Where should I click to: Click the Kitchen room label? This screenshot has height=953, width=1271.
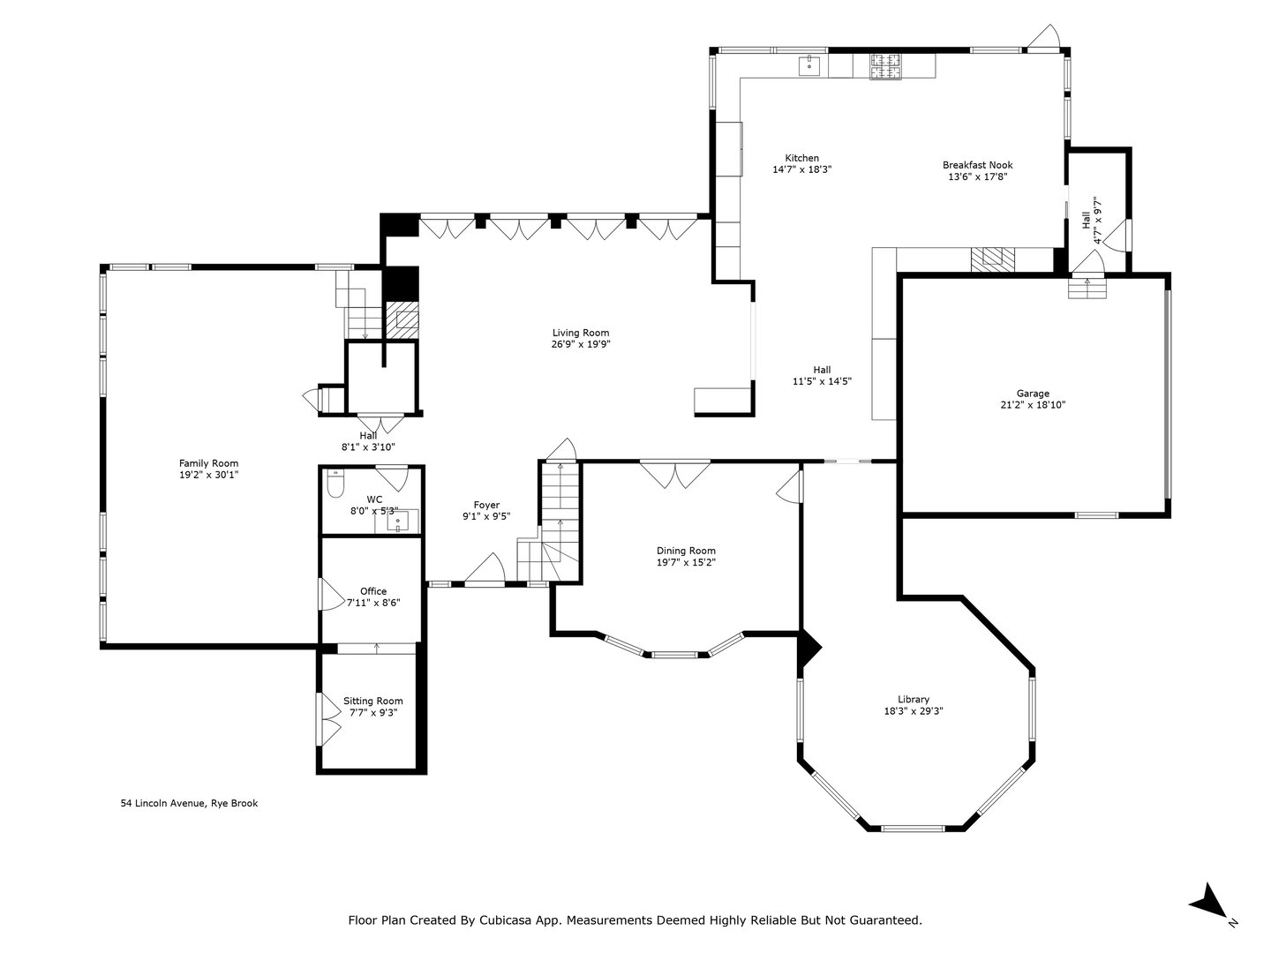pyautogui.click(x=801, y=158)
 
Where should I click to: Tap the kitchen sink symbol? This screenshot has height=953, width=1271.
pyautogui.click(x=809, y=65)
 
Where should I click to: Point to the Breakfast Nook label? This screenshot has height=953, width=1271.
pyautogui.click(x=977, y=165)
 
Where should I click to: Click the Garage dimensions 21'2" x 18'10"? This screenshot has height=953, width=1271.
pyautogui.click(x=1033, y=406)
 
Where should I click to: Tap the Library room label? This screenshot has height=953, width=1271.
pyautogui.click(x=913, y=700)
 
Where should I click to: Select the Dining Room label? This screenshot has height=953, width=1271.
pyautogui.click(x=685, y=551)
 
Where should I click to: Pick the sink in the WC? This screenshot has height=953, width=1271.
pyautogui.click(x=397, y=522)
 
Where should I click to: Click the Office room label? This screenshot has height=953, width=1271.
pyautogui.click(x=372, y=591)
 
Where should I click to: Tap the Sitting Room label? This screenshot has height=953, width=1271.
pyautogui.click(x=372, y=701)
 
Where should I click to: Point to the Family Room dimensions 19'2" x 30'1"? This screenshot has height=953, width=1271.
pyautogui.click(x=208, y=475)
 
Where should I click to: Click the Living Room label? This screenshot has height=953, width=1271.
pyautogui.click(x=581, y=333)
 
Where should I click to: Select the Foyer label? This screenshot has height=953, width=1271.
pyautogui.click(x=486, y=505)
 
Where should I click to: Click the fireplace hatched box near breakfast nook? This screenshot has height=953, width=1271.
pyautogui.click(x=993, y=259)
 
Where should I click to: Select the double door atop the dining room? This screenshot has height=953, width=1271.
pyautogui.click(x=674, y=474)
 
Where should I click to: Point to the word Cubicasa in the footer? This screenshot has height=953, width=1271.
pyautogui.click(x=507, y=919)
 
